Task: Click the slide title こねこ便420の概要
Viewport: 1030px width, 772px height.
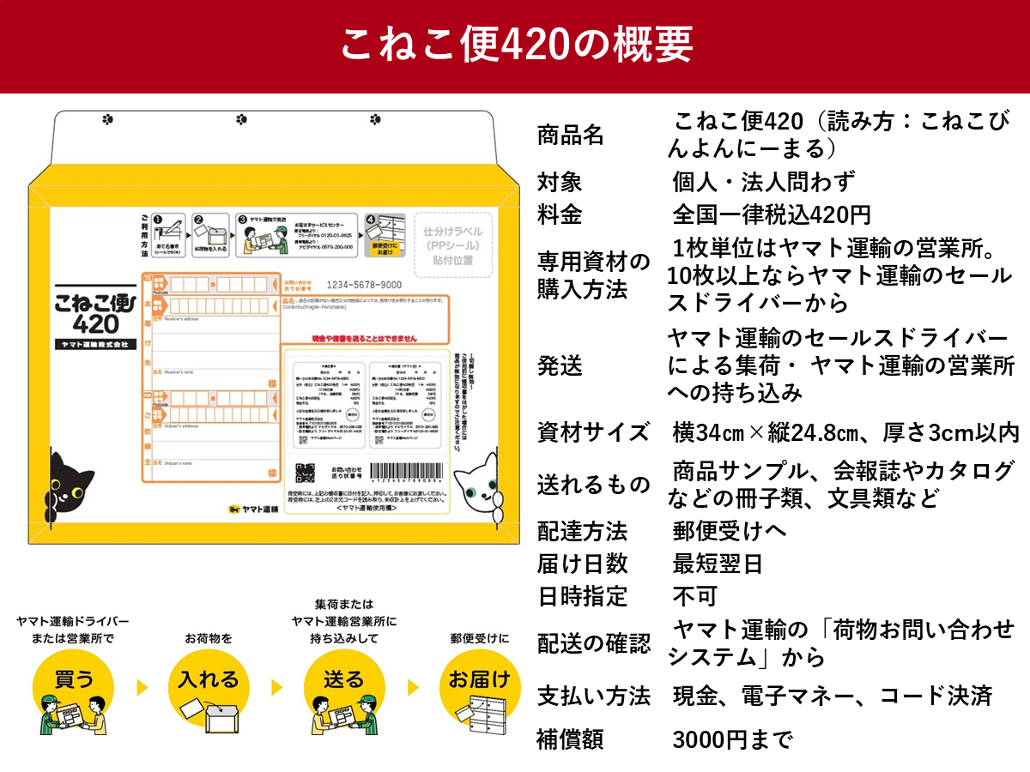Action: pos(515,45)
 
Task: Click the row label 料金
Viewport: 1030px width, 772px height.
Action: pos(560,214)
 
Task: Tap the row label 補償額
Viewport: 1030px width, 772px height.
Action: pos(571,739)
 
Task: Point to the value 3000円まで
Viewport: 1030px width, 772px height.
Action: pos(732,739)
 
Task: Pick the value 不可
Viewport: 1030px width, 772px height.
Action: pos(694,596)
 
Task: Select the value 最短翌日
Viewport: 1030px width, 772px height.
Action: pos(718,564)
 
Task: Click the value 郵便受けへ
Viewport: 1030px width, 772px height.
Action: pos(729,531)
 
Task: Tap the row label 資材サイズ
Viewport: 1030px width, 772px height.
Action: pos(593,431)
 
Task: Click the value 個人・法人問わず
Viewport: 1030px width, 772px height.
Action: pos(764,182)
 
